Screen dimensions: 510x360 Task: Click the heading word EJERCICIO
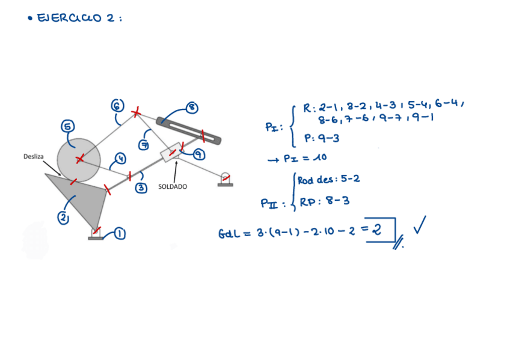70,18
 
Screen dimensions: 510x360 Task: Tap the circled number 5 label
68,127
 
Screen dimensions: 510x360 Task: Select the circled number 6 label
118,106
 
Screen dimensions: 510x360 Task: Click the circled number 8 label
192,108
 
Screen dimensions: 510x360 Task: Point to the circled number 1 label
120,233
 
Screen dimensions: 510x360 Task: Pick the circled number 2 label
63,218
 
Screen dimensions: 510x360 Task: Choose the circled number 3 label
141,188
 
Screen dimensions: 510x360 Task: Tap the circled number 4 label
120,159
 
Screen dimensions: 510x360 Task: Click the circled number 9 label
199,154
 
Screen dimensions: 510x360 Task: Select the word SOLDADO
173,187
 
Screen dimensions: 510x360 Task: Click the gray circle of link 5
79,159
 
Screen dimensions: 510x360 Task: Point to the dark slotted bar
189,130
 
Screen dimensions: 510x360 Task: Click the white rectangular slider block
171,151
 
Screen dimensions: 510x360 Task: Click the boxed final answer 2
376,229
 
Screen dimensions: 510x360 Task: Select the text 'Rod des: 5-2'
328,180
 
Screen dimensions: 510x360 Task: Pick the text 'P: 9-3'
322,138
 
